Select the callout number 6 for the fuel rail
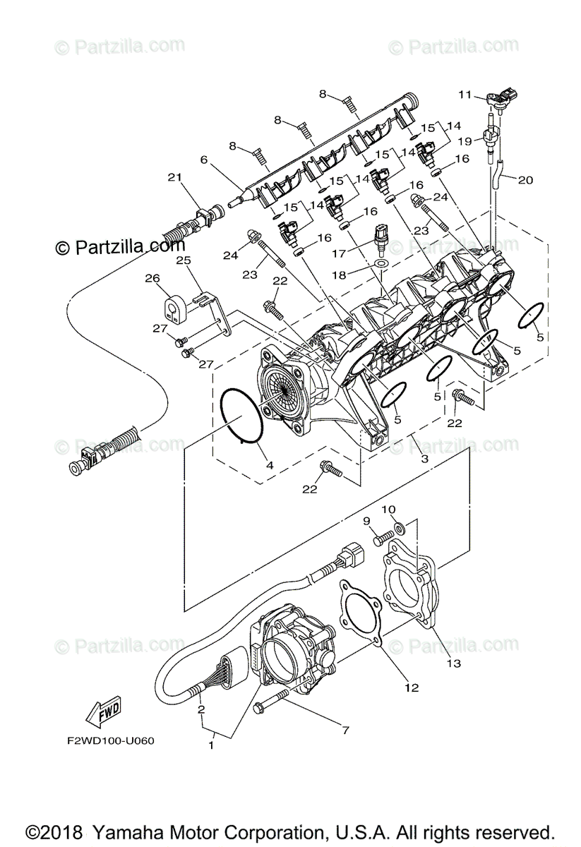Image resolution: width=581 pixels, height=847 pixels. [x=204, y=160]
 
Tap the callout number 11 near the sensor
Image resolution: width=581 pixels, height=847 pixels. [x=464, y=95]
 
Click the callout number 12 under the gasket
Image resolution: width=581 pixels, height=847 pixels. [x=412, y=686]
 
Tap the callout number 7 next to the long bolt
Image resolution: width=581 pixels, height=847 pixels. [x=345, y=731]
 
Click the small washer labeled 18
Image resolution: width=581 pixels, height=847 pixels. [x=382, y=264]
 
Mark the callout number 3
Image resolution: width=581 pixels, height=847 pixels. [x=424, y=459]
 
